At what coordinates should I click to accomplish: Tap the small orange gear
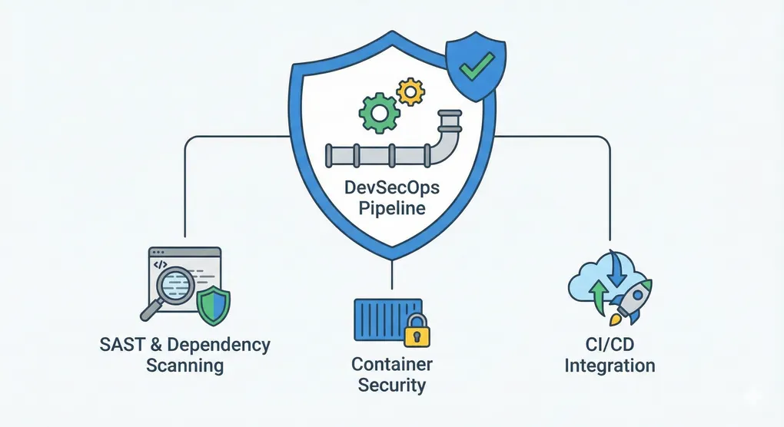click(x=410, y=92)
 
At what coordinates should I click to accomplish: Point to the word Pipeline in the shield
click(x=392, y=209)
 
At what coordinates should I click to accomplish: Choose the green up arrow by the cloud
click(x=596, y=296)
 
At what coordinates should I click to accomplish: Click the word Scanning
click(x=184, y=365)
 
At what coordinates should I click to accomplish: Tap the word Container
click(x=392, y=364)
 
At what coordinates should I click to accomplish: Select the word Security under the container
click(x=392, y=385)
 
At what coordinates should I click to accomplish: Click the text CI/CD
click(x=610, y=345)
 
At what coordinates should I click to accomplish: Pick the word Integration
click(x=610, y=365)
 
